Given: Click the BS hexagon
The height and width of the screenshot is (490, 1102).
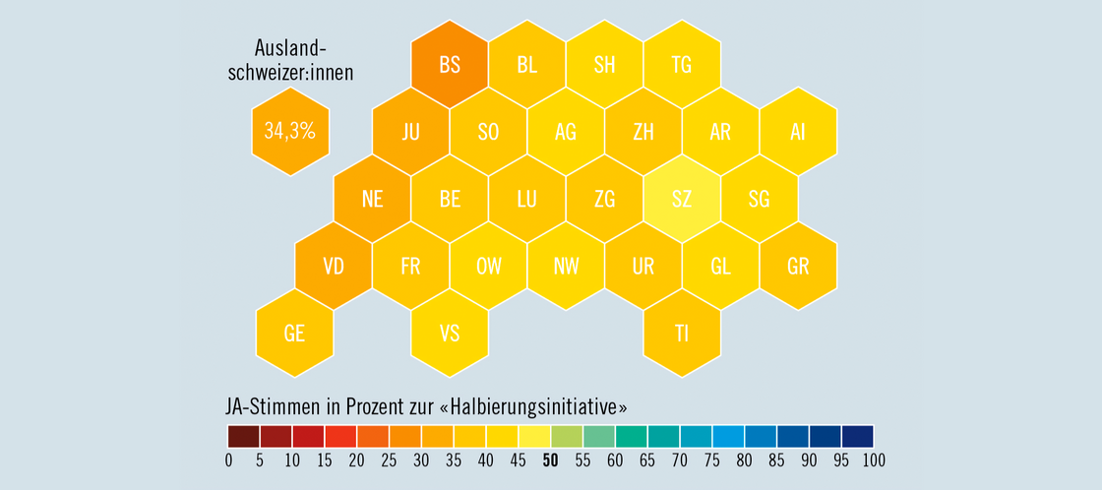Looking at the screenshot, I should pyautogui.click(x=450, y=65).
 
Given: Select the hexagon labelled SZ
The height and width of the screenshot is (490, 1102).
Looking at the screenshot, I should pyautogui.click(x=681, y=199).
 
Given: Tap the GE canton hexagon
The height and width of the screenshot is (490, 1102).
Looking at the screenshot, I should pyautogui.click(x=294, y=333).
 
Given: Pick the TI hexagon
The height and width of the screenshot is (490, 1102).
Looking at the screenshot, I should pyautogui.click(x=681, y=333).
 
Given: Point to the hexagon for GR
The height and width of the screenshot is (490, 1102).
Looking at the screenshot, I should pyautogui.click(x=798, y=266).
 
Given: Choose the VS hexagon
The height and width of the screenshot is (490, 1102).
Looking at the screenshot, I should pyautogui.click(x=450, y=333).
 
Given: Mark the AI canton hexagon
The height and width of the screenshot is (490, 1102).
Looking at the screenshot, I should pyautogui.click(x=798, y=132).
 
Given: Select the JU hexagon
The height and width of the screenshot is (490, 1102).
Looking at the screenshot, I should pyautogui.click(x=410, y=132).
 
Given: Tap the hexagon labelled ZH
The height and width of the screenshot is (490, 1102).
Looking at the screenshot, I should pyautogui.click(x=643, y=132).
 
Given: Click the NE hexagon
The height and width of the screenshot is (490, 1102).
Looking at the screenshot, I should pyautogui.click(x=372, y=199).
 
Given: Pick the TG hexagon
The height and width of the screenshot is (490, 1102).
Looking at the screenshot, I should pyautogui.click(x=681, y=65).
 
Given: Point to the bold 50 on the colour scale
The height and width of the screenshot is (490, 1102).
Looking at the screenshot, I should pyautogui.click(x=550, y=459).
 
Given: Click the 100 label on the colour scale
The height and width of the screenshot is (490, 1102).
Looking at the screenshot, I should pyautogui.click(x=873, y=459).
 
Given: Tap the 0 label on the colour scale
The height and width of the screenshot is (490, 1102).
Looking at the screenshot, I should pyautogui.click(x=228, y=459).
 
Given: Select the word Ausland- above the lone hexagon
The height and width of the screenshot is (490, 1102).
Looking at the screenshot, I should pyautogui.click(x=289, y=48).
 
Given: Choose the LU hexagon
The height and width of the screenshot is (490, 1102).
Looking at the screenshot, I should pyautogui.click(x=526, y=199).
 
